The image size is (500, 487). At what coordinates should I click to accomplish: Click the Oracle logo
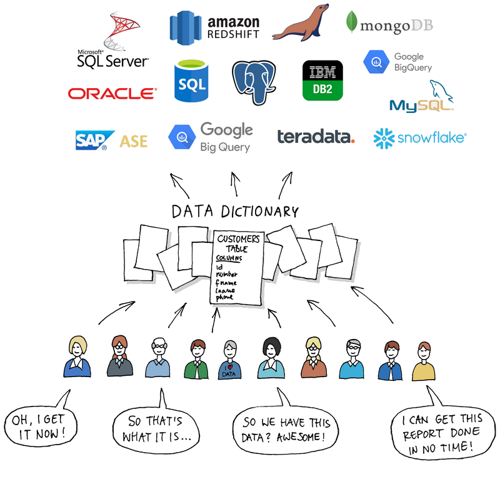112,94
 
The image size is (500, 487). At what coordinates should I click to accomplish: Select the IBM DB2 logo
322,81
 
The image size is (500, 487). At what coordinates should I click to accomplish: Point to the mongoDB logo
388,25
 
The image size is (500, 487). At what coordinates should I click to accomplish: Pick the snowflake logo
419,137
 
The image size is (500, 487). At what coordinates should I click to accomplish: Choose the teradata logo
316,137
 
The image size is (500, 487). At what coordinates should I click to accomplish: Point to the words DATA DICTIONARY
234,212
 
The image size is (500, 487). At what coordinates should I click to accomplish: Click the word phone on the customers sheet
224,297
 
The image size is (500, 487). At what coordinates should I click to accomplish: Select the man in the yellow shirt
424,362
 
